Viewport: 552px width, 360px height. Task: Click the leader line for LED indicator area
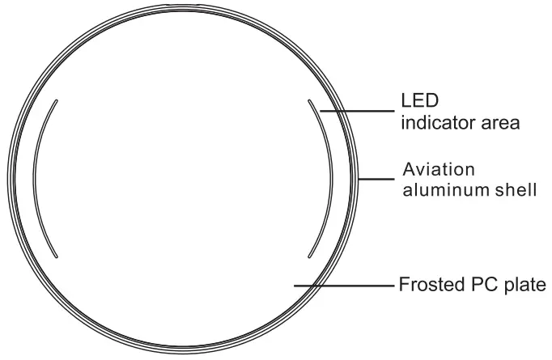click(x=356, y=110)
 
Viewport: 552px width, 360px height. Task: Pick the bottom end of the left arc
click(x=56, y=256)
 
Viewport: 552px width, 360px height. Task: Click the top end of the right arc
click(x=309, y=100)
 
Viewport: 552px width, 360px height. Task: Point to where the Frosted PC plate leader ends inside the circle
click(x=296, y=285)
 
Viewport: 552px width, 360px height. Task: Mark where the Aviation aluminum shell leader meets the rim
click(x=359, y=179)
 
